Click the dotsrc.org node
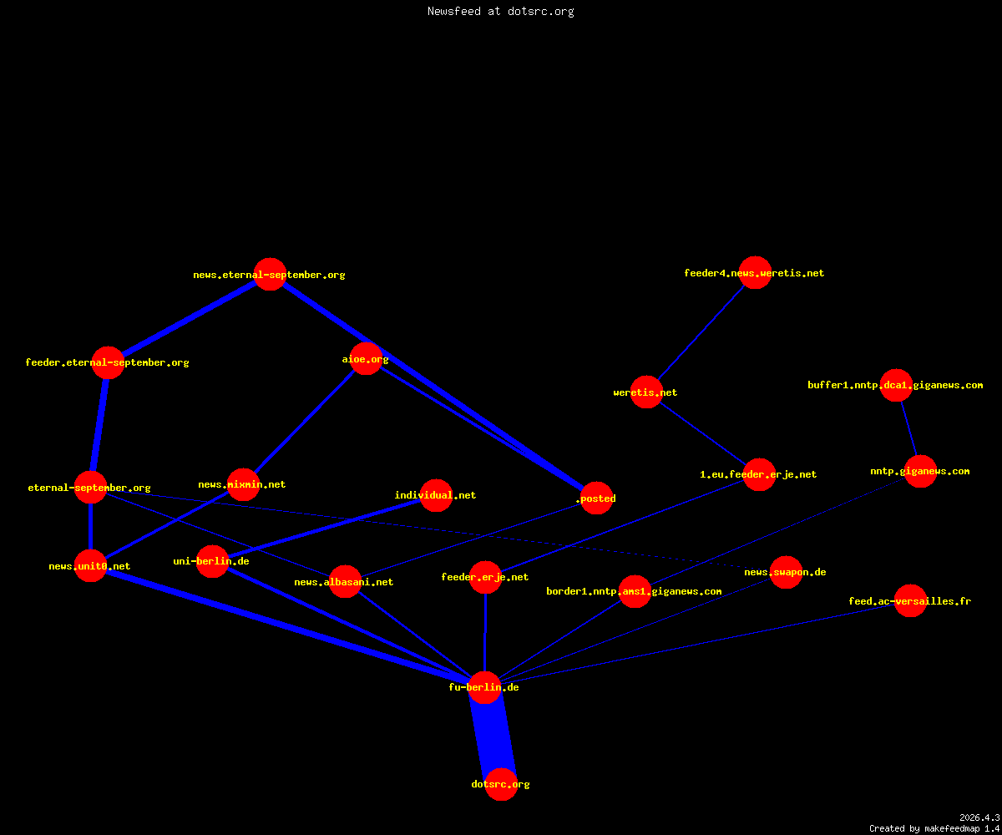point(501,784)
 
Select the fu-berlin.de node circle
point(484,687)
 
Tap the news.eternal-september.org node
point(271,274)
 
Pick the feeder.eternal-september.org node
point(108,362)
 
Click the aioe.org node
point(367,358)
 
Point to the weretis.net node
point(646,392)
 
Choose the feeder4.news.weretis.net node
point(755,272)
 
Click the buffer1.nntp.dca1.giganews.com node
point(896,385)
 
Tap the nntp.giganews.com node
point(920,471)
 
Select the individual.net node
point(436,495)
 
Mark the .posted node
point(596,498)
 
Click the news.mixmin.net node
point(243,484)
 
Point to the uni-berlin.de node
point(213,561)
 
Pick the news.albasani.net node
point(345,582)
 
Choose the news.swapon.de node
point(786,572)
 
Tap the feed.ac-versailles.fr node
point(910,601)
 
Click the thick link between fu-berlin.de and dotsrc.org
point(493,736)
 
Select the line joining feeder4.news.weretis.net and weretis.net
point(701,332)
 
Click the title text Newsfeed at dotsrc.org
point(500,11)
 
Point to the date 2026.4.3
point(979,817)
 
